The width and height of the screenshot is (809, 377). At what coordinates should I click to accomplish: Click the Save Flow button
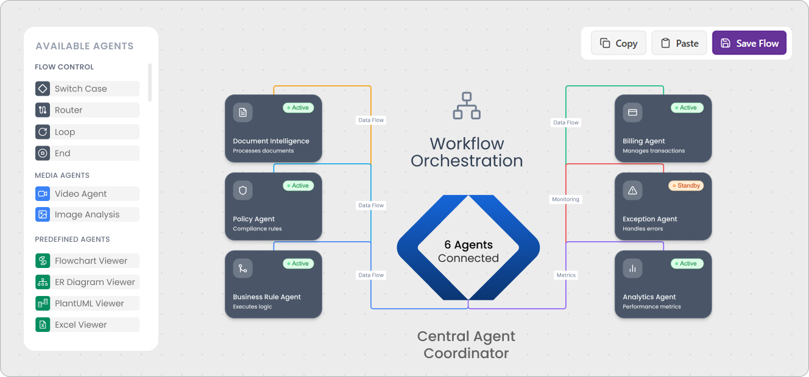tap(749, 43)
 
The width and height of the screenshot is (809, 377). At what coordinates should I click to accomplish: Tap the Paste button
tap(679, 43)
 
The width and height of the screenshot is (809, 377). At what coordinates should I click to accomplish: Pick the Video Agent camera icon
tap(43, 194)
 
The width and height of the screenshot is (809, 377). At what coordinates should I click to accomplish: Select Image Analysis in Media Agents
tap(87, 214)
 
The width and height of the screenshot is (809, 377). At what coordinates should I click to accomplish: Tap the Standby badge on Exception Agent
tap(686, 186)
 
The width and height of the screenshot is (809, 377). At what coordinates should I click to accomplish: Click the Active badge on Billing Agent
tap(687, 108)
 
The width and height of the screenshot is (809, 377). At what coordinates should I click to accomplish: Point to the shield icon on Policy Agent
tap(242, 191)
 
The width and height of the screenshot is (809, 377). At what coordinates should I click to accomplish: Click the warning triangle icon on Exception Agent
tap(632, 191)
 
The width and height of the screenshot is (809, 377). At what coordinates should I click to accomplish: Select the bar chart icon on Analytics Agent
tap(632, 269)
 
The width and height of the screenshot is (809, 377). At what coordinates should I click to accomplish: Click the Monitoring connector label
tap(566, 199)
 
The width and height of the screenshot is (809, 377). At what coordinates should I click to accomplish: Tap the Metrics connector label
tap(566, 275)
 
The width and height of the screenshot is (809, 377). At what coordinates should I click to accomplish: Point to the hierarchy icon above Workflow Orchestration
tap(467, 105)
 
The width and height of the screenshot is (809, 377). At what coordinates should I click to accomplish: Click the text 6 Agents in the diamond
tap(468, 245)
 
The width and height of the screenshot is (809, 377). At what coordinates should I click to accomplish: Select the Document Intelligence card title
tap(271, 141)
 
